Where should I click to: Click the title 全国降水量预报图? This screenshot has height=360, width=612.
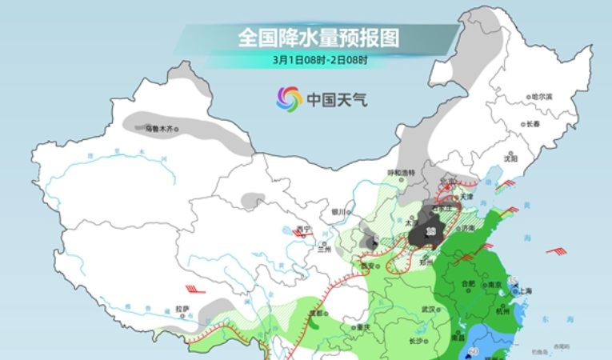pyautogui.click(x=318, y=37)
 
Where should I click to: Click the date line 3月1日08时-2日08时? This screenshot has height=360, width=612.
pyautogui.click(x=319, y=59)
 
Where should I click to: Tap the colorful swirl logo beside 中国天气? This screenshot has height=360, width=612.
pyautogui.click(x=289, y=99)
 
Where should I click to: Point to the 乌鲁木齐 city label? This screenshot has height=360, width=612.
pyautogui.click(x=159, y=127)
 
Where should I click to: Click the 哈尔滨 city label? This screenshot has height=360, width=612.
pyautogui.click(x=542, y=96)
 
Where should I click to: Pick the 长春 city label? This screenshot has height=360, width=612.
pyautogui.click(x=533, y=124)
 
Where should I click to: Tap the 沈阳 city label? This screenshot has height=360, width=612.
pyautogui.click(x=510, y=158)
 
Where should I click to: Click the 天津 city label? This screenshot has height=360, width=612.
pyautogui.click(x=466, y=197)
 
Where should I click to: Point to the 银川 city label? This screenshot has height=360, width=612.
pyautogui.click(x=340, y=212)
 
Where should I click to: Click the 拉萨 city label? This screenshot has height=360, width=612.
pyautogui.click(x=182, y=308)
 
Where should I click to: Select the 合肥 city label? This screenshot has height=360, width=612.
pyautogui.click(x=468, y=283)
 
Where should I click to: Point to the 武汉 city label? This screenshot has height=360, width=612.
pyautogui.click(x=428, y=309)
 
